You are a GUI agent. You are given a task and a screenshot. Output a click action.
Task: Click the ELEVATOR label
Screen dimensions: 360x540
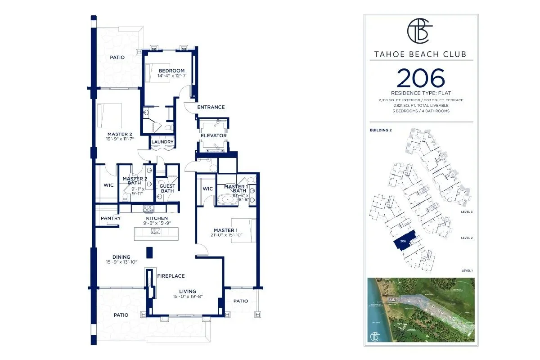[213, 135]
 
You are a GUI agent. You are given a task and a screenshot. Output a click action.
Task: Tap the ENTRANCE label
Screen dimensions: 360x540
[210, 107]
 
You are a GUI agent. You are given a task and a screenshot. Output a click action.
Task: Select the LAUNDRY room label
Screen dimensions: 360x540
[162, 142]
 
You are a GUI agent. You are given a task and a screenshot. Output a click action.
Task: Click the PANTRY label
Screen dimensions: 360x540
[110, 218]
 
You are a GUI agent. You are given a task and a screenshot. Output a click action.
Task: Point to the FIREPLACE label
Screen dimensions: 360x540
[171, 276]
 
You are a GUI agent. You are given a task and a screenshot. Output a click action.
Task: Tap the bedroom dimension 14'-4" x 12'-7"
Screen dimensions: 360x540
[171, 76]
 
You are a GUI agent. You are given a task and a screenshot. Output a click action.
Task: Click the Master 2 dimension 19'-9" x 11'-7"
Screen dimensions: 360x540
[119, 139]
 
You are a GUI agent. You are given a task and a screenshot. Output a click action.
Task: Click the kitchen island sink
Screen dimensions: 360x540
[156, 231]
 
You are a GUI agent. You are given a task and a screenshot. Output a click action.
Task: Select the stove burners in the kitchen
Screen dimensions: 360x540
[149, 208]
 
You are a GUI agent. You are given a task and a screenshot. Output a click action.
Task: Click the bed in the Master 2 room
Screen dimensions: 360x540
[109, 115]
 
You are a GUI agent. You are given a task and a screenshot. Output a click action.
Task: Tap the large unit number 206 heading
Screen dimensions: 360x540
[421, 78]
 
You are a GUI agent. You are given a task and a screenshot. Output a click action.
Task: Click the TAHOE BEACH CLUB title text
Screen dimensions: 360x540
[420, 55]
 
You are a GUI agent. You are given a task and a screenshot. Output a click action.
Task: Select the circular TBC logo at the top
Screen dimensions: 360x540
[420, 32]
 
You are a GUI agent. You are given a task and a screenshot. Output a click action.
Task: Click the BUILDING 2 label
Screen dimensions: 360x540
[381, 130]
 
